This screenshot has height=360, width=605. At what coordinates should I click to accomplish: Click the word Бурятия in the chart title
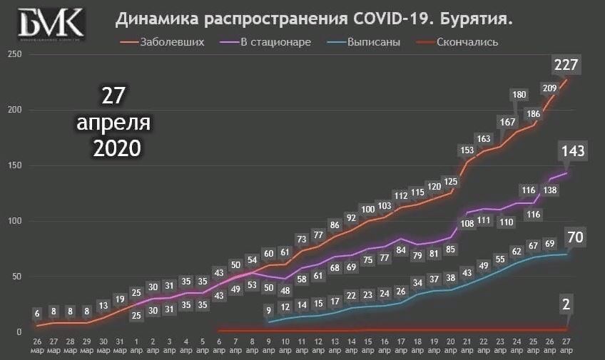coord(477,22)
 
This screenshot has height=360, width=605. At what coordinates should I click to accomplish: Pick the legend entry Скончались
coord(468,42)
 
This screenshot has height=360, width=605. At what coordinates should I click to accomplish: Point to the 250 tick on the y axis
coord(12,54)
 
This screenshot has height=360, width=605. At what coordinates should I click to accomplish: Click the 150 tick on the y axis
coord(12,165)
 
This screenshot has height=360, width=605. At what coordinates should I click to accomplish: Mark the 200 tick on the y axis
coord(12,110)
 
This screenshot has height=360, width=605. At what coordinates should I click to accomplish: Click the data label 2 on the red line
coord(566,305)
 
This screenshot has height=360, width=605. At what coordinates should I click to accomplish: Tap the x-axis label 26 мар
coord(37,345)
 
